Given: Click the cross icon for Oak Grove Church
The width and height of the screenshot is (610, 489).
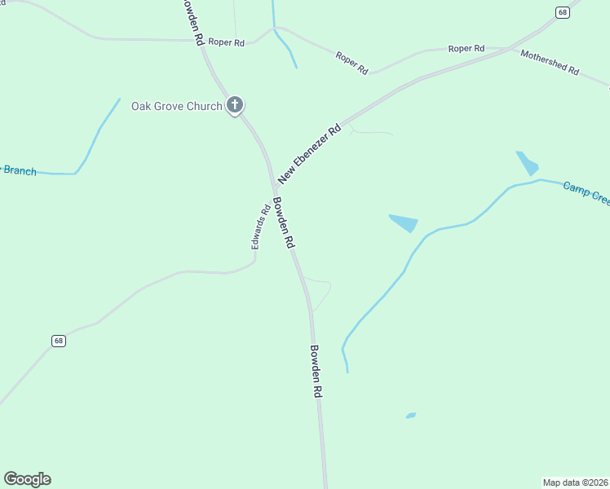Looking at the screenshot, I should coord(235,104).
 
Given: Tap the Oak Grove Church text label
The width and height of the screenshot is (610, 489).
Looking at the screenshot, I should coord(176,106).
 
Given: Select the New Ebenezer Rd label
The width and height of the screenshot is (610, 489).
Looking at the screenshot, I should coord(309,153).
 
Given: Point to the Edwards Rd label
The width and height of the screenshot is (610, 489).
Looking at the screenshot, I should coord(260,227).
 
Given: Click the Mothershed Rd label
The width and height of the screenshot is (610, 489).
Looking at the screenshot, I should coord(549,62).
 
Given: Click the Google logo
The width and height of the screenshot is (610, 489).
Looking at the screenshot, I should coord(27,479).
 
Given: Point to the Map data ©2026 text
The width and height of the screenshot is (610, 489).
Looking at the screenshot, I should coord(575,482).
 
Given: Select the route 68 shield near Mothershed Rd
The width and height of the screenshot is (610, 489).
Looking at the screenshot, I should coord(563,11).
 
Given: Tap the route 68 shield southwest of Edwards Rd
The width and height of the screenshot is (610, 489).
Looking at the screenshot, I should coord(58,341).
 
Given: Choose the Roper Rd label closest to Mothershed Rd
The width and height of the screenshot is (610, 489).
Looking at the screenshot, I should coord(466,49).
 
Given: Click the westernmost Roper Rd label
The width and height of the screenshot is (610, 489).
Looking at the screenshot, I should coord(226,42).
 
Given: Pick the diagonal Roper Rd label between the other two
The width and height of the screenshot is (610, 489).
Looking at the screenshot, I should coord(351,63).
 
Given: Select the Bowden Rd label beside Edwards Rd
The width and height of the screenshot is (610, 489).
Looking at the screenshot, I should coord(284,222).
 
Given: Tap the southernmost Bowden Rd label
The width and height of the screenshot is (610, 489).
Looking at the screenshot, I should coord(316,371).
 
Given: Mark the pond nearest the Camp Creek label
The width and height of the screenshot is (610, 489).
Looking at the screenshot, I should coord(527,163).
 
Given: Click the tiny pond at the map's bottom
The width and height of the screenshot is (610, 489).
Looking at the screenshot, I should coord(411,416).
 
